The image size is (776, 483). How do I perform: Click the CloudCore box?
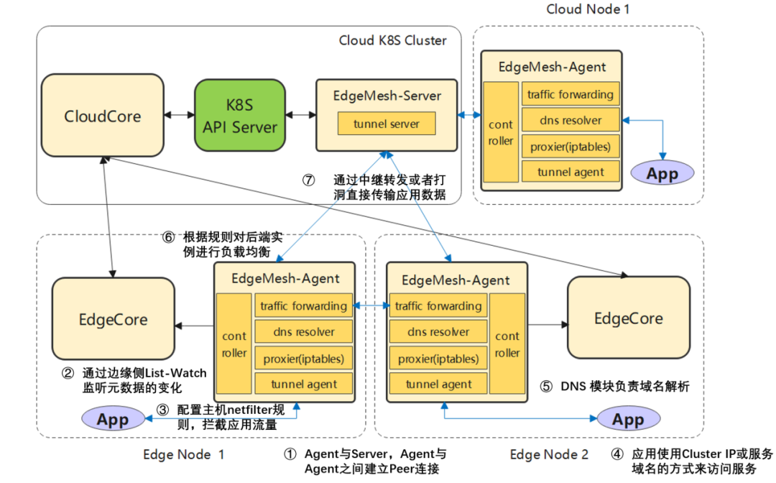click(103, 116)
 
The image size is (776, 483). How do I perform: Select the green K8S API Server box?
click(240, 116)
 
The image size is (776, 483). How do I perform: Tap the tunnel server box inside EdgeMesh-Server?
click(387, 124)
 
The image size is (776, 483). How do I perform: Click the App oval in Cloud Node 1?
click(662, 173)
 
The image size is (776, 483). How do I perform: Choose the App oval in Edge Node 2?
click(627, 419)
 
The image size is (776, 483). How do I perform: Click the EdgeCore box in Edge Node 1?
click(113, 319)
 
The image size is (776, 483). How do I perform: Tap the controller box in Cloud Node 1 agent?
click(501, 133)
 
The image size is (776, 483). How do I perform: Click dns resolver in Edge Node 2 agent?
click(438, 332)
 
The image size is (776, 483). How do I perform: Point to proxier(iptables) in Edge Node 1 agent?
click(304, 358)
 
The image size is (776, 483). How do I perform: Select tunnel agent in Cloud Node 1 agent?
click(571, 172)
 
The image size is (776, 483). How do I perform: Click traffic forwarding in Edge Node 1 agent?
click(304, 306)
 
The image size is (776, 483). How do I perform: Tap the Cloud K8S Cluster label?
click(392, 40)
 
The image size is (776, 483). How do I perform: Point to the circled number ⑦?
click(308, 180)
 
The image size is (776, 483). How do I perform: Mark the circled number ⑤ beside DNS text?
click(546, 387)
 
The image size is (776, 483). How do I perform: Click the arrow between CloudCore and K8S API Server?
click(180, 116)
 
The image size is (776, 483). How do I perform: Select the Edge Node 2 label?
click(549, 454)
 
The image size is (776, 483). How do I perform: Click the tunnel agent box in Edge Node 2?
click(438, 384)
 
